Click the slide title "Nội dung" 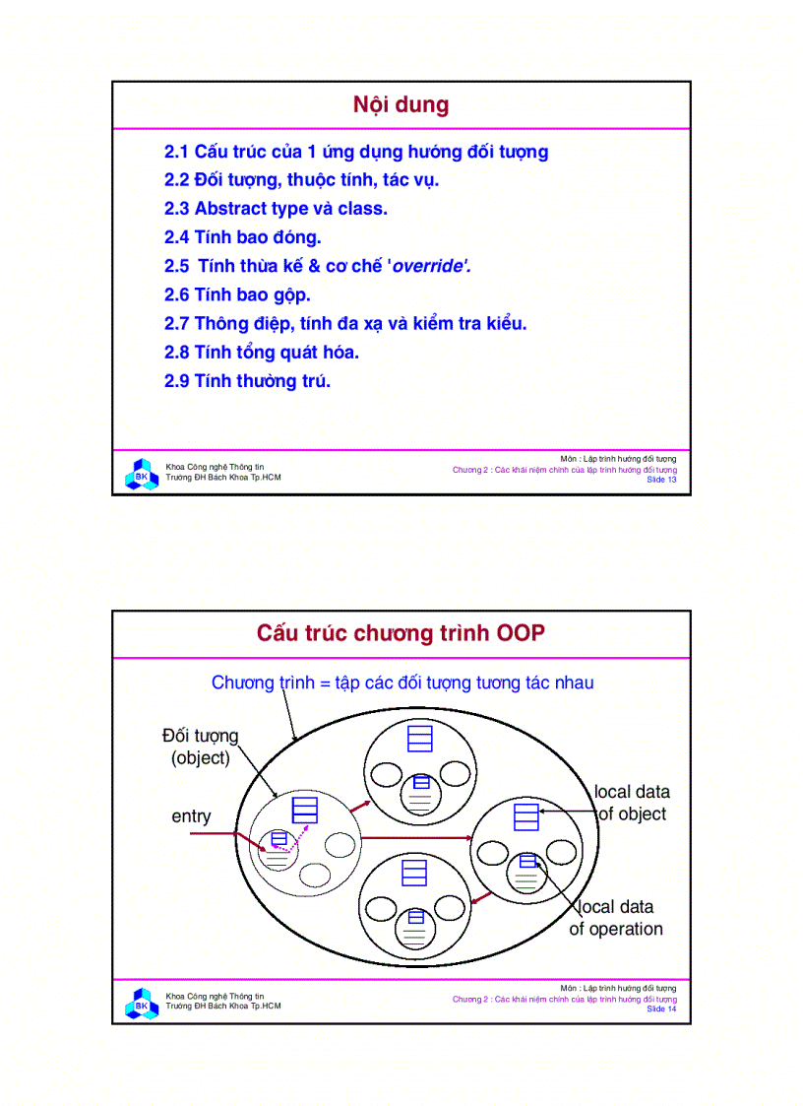pos(401,105)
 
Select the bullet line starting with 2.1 pos(355,152)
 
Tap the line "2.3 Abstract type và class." pos(276,209)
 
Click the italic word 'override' pos(431,266)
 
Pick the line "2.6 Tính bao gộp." pos(237,294)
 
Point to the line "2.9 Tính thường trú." pos(247,381)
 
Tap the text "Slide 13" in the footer pos(660,480)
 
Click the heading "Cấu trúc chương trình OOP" pos(401,633)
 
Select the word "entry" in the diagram pos(191,816)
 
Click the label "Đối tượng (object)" pos(201,747)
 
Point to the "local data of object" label pos(632,803)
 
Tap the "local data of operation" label pos(616,918)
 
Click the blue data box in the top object pos(420,738)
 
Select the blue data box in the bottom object pos(414,874)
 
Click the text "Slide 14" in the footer pos(660,1008)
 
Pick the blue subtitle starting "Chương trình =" pos(402,683)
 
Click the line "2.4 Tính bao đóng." pos(242,237)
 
